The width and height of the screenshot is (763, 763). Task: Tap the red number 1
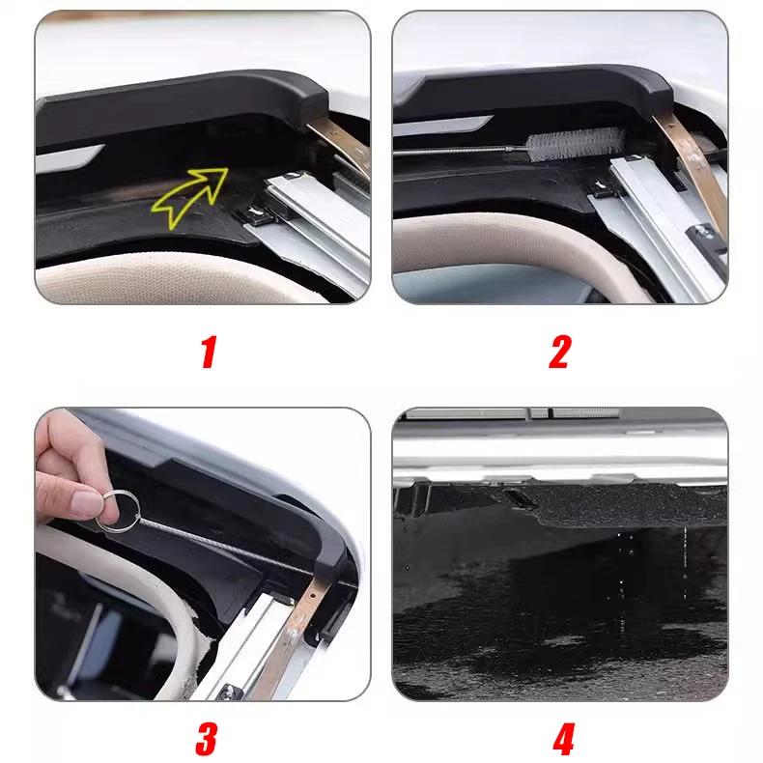[x=205, y=352]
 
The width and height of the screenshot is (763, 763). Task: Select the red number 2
[x=560, y=352]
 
